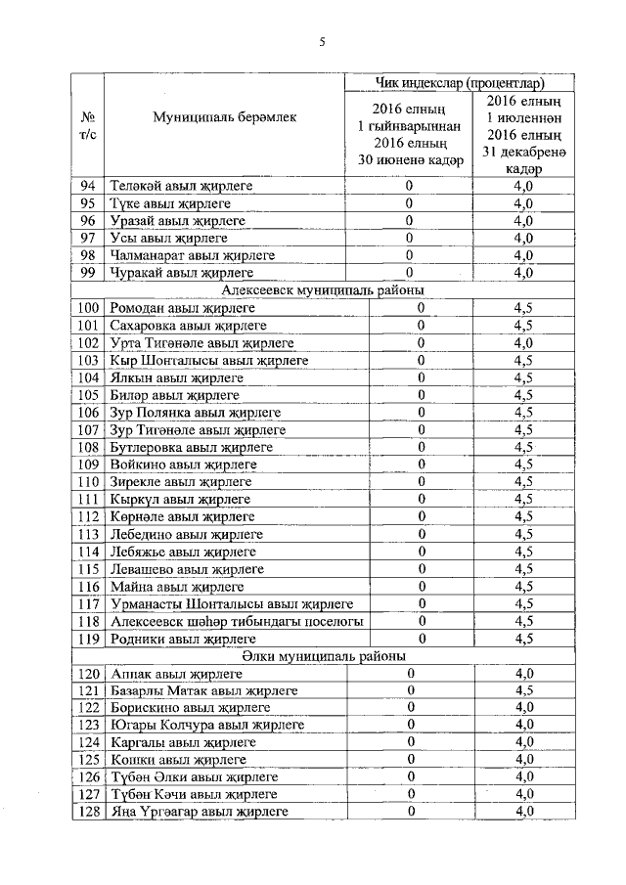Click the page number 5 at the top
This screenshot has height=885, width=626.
click(320, 41)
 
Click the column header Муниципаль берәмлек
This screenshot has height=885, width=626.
click(223, 116)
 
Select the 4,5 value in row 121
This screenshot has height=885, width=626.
click(524, 690)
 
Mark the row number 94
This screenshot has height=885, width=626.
click(88, 185)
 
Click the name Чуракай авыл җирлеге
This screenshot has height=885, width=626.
click(182, 273)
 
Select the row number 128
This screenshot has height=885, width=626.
click(88, 812)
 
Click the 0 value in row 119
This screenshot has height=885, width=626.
click(423, 639)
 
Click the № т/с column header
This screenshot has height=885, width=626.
click(88, 125)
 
